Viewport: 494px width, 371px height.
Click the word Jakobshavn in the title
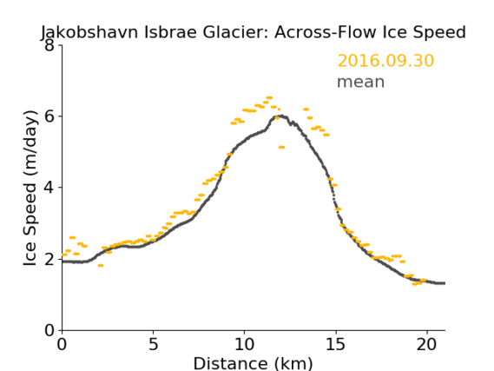pos(89,33)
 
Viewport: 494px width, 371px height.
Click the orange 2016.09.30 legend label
pos(385,61)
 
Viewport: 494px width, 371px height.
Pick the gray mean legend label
pos(361,82)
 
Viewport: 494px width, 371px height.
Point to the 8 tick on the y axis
pos(49,45)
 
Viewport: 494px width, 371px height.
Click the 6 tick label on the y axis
pos(49,116)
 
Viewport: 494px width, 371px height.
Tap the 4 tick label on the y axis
pos(49,188)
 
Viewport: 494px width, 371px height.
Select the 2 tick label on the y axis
pos(49,259)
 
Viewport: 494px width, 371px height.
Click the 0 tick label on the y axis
pos(49,330)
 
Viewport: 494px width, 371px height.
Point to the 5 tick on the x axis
pos(153,344)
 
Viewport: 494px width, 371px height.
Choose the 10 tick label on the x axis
pos(244,344)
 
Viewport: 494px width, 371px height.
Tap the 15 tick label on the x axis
pos(335,344)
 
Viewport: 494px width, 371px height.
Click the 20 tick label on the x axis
pos(426,344)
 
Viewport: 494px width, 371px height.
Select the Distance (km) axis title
pos(253,363)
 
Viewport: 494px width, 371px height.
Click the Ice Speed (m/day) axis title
pos(30,189)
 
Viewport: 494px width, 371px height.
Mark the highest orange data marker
pos(269,97)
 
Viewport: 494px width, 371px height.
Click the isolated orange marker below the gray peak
pos(281,147)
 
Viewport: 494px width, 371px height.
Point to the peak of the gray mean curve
pos(282,116)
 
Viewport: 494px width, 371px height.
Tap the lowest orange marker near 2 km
pos(101,265)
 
